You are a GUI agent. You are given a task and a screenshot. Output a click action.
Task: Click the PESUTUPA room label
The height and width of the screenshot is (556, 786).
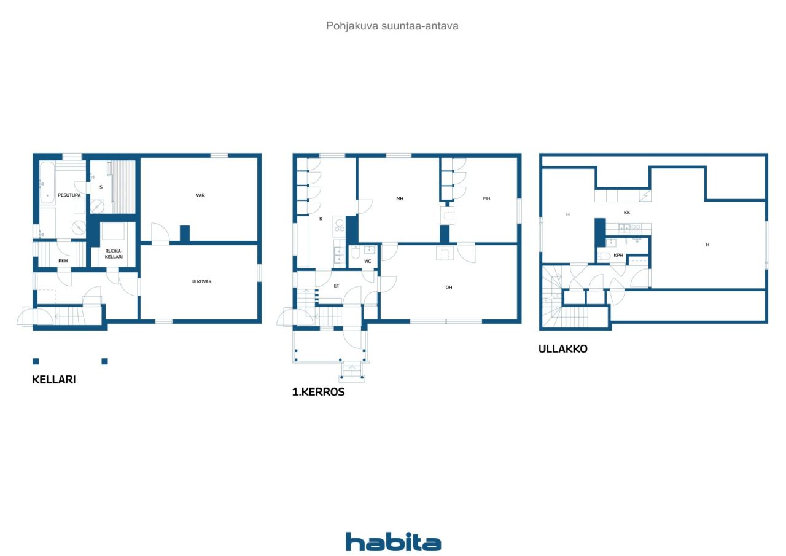pos(69,195)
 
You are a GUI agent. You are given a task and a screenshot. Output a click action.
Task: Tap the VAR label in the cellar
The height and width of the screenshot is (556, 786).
pos(200,195)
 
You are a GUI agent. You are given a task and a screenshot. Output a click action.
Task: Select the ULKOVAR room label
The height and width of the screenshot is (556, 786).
pos(201,281)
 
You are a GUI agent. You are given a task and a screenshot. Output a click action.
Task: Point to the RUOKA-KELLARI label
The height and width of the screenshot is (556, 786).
pos(114,254)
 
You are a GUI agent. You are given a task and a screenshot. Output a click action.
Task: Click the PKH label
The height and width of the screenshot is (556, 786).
pos(63,261)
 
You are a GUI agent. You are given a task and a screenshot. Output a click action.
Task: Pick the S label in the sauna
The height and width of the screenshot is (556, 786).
pos(101,187)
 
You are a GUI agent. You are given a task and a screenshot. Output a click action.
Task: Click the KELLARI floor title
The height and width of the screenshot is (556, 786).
pos(54,380)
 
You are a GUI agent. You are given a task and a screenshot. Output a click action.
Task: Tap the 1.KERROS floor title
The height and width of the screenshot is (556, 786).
pos(319,392)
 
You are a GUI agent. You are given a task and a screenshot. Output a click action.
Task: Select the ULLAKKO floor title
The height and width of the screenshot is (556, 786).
pos(563,349)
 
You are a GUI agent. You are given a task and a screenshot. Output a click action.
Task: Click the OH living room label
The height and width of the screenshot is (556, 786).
pos(449,288)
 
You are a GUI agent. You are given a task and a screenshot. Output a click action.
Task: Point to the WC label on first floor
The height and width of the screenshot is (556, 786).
pos(367,261)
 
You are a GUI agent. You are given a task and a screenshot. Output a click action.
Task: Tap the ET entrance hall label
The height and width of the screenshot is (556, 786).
pos(337,286)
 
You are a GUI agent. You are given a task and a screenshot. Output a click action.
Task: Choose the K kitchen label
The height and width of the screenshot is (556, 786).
pos(321,219)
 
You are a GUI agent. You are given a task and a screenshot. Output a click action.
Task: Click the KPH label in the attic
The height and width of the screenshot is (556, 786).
pos(618,255)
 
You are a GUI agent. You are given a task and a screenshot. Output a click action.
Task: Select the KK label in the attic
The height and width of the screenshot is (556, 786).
pos(627,213)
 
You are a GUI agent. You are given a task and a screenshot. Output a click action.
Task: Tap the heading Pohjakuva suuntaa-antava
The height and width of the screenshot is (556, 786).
pos(392,26)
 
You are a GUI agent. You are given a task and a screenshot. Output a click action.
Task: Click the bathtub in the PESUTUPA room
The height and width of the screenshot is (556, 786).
pos(47,182)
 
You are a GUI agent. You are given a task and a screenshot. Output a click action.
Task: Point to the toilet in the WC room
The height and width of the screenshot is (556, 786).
pos(356,253)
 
